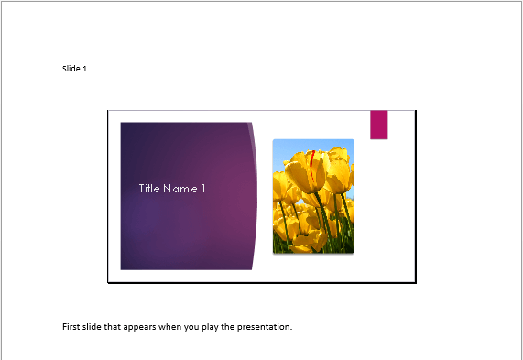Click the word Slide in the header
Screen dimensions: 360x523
[x=71, y=69]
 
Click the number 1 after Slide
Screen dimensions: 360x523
[x=84, y=69]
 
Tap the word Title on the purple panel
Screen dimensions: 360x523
[x=149, y=189]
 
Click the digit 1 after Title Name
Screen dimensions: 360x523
[x=203, y=189]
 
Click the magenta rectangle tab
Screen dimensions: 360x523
[x=378, y=125]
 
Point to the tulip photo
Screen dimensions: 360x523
[x=313, y=196]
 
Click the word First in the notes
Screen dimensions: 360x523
[x=71, y=326]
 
